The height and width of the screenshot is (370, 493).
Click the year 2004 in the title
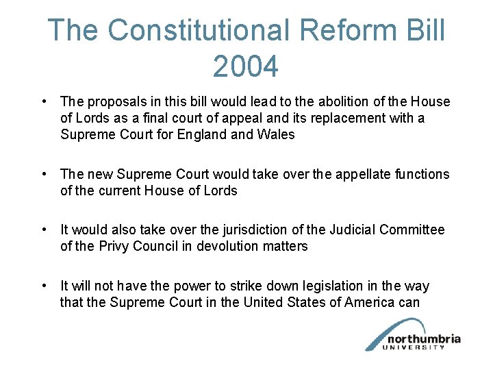pyautogui.click(x=246, y=66)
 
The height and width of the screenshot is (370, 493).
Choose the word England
pyautogui.click(x=199, y=134)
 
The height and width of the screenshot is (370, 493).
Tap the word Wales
pyautogui.click(x=276, y=134)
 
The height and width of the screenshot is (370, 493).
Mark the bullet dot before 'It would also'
pyautogui.click(x=44, y=230)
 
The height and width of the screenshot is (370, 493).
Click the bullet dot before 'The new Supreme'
pyautogui.click(x=44, y=175)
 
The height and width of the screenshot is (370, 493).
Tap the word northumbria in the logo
pyautogui.click(x=424, y=338)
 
